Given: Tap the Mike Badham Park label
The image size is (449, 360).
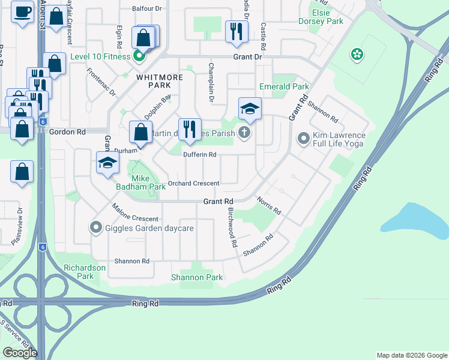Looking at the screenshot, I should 140,182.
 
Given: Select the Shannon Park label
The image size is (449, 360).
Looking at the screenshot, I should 197,277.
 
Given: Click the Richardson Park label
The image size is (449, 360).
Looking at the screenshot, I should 85,272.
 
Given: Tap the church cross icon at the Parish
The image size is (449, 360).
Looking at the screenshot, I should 244,133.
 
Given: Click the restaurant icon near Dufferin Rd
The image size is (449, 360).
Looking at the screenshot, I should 189,129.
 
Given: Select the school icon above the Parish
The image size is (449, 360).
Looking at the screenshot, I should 250,109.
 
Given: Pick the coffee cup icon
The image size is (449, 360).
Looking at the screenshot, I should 22,12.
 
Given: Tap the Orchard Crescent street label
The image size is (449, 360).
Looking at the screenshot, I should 194,183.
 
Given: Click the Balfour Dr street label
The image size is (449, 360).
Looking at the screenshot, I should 146,10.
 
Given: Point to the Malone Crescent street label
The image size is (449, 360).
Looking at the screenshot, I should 135,214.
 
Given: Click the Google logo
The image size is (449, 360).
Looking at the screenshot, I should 20,353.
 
